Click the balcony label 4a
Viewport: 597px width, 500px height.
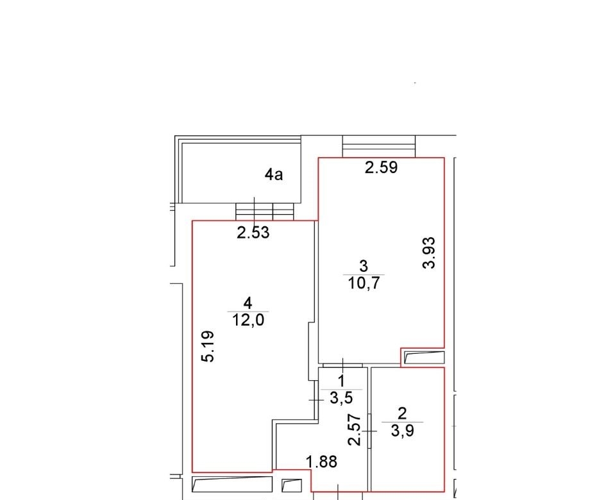[274, 174]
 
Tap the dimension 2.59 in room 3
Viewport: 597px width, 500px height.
[381, 167]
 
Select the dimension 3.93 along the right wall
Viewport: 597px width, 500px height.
[429, 253]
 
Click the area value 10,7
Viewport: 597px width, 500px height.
[364, 283]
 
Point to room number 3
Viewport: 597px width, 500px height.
[364, 266]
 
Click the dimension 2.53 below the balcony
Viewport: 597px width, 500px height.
[253, 233]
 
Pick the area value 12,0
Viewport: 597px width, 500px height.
[248, 321]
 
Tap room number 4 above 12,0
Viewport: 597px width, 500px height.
[248, 303]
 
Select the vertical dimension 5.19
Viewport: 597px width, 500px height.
[208, 346]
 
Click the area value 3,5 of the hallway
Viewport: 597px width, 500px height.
[342, 398]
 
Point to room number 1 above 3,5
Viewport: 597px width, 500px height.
[341, 381]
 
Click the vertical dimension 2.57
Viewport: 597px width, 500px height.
[355, 429]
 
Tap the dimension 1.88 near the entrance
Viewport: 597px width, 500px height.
[322, 462]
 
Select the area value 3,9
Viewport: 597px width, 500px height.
[403, 431]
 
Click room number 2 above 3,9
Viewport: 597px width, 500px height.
[402, 413]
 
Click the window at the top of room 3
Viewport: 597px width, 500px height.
[379, 146]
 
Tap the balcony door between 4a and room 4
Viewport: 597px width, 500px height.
[265, 211]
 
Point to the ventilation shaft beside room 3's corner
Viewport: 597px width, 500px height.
[424, 358]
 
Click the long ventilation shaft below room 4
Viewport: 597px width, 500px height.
[232, 484]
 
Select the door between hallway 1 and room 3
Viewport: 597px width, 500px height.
[342, 365]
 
